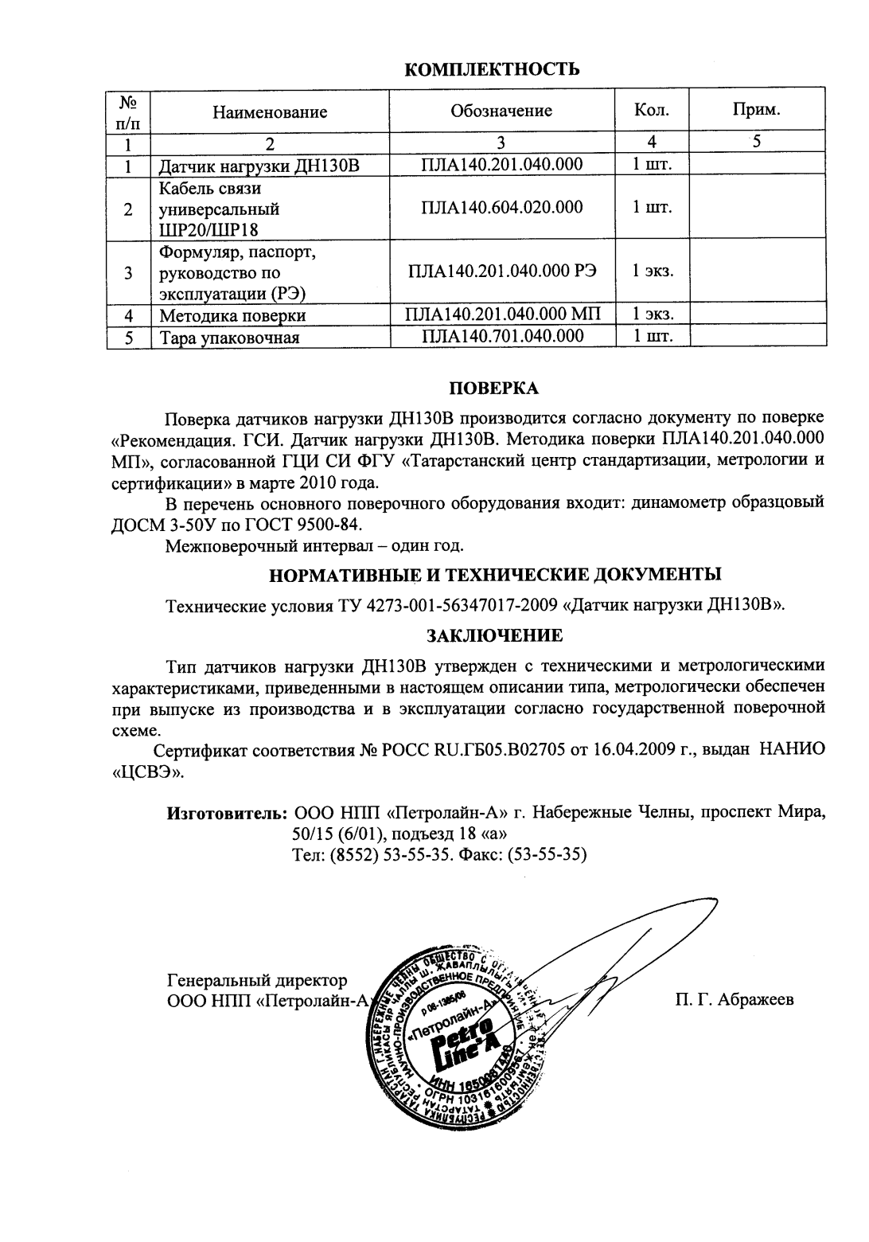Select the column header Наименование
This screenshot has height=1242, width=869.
pos(270,111)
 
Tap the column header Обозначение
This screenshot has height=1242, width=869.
pos(501,111)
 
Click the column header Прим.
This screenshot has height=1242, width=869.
pos(756,109)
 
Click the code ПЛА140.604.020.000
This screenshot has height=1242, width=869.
pos(501,208)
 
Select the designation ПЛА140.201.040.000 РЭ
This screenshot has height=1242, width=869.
pos(501,271)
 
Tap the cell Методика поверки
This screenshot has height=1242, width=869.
pos(232,315)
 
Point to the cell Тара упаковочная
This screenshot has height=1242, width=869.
pos(229,338)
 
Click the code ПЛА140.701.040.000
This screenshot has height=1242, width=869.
pos(501,336)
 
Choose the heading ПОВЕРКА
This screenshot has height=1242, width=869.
pos(494,389)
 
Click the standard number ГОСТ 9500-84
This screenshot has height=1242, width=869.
pos(321,525)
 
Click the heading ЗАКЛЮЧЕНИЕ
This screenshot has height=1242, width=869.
pos(494,636)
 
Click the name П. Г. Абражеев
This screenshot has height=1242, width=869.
pos(735,1000)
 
